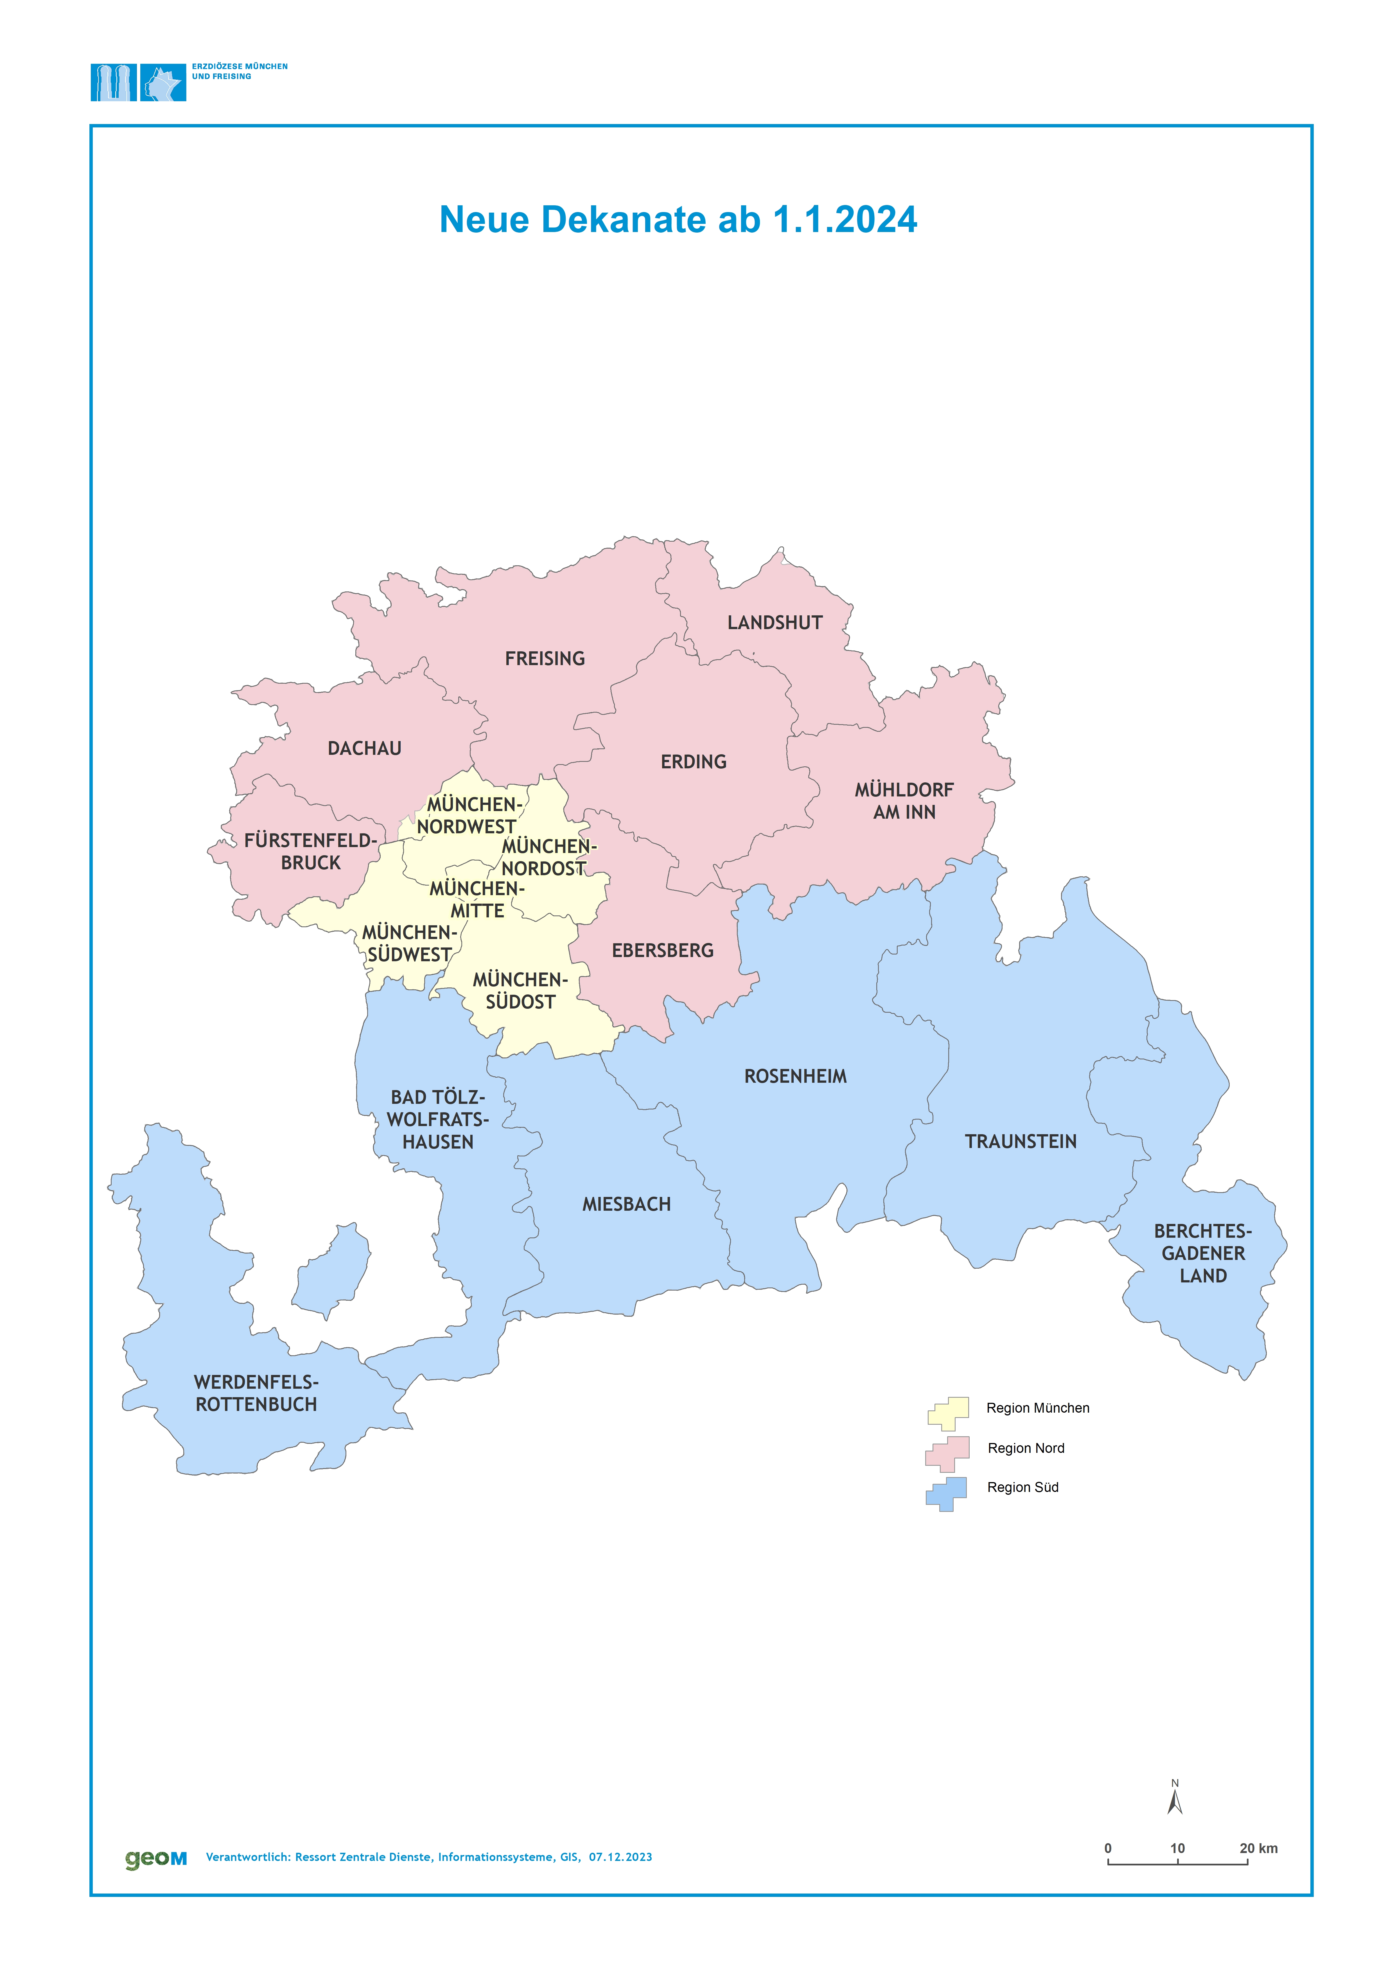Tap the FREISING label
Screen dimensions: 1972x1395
545,659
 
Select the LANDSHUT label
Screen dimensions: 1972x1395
775,623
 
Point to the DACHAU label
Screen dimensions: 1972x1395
364,748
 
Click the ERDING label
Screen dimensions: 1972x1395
693,762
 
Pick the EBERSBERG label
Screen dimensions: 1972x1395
662,950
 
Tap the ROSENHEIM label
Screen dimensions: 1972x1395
795,1077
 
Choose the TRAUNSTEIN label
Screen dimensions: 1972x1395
1021,1142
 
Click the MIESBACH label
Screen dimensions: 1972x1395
626,1205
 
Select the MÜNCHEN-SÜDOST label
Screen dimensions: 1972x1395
520,991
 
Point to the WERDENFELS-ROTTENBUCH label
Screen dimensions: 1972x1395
256,1393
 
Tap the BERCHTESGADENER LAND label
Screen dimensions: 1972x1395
1203,1254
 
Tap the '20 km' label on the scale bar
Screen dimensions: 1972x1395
1258,1848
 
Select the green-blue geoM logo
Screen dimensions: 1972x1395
155,1859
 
